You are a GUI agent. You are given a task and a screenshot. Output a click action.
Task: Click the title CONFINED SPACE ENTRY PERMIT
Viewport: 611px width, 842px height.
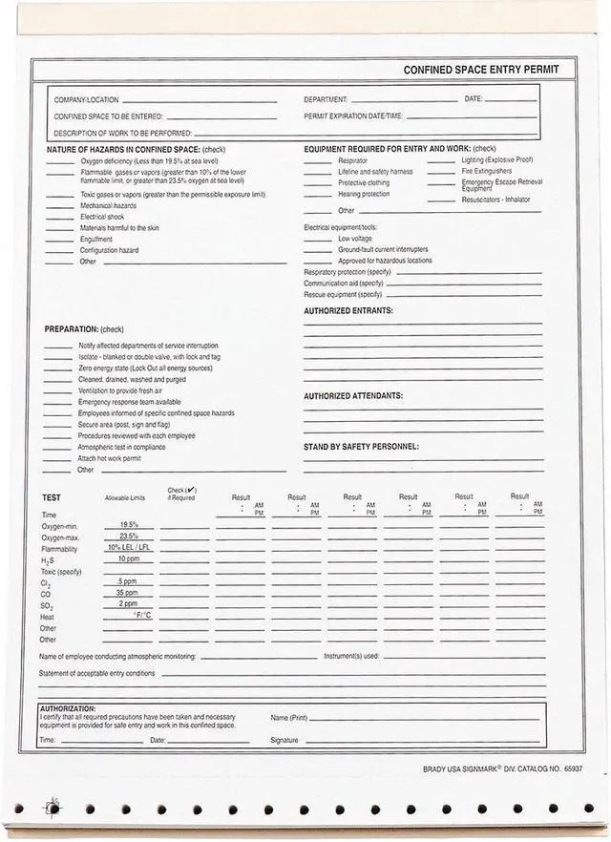(488, 70)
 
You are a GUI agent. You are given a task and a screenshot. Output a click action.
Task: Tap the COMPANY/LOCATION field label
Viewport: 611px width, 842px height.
(86, 99)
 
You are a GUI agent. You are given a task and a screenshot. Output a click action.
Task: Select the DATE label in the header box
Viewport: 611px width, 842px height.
(474, 98)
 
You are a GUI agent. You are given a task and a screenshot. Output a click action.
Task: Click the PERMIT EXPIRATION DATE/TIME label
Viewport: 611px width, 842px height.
(353, 116)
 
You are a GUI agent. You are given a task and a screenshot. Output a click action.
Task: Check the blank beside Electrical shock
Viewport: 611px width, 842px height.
(59, 218)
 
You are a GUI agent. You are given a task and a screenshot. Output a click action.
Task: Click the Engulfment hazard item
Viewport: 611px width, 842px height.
(96, 240)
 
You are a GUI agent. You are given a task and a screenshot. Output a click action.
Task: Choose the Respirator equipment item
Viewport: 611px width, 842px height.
(352, 161)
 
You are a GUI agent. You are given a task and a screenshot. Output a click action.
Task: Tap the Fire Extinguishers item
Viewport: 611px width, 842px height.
(487, 171)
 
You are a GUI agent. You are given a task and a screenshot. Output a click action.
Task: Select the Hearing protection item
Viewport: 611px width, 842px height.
(364, 194)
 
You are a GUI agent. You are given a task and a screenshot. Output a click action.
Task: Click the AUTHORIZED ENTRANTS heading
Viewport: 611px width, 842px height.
(348, 310)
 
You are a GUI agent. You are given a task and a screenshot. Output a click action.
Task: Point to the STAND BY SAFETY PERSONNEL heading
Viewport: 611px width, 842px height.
(361, 446)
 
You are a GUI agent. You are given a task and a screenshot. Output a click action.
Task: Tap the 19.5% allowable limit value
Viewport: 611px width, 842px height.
(128, 525)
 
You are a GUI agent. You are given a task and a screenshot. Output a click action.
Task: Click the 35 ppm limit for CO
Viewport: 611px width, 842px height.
(128, 593)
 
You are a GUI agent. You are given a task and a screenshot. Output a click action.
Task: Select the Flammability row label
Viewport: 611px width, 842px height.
(60, 549)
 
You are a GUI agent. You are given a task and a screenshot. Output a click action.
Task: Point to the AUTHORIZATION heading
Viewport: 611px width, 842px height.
(67, 708)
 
